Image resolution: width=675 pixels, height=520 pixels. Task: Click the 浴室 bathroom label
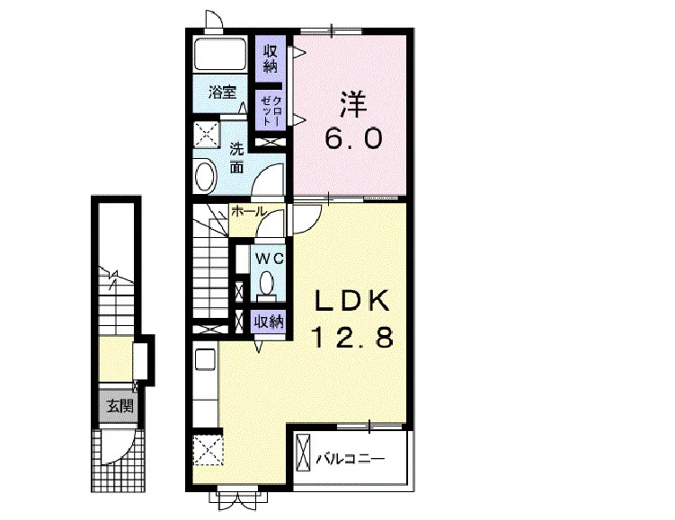tap(222, 93)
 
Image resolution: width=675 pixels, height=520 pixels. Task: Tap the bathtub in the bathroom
tap(220, 55)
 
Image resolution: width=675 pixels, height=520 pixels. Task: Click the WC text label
tap(270, 259)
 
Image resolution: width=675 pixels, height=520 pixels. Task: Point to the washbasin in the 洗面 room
tap(205, 176)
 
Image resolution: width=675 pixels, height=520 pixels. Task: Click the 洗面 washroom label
tap(236, 158)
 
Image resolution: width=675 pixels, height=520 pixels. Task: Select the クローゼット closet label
tap(271, 111)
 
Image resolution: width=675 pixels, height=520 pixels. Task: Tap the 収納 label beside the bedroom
tap(271, 59)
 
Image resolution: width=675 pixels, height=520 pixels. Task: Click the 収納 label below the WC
tap(269, 322)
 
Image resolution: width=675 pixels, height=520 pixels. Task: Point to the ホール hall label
tap(248, 211)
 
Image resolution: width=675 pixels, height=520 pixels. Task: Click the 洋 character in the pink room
tap(353, 104)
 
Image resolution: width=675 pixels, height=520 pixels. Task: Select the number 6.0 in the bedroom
tap(354, 138)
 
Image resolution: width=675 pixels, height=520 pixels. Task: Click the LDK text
tap(352, 300)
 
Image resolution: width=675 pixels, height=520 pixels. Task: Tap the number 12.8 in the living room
tap(352, 337)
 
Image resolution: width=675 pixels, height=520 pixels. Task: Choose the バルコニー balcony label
tap(350, 459)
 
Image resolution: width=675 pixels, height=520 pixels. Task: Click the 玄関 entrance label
tap(120, 406)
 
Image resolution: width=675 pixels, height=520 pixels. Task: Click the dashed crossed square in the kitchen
tap(208, 450)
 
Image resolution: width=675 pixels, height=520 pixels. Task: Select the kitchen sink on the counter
tap(205, 358)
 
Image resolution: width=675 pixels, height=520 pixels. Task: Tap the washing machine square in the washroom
tap(206, 135)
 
